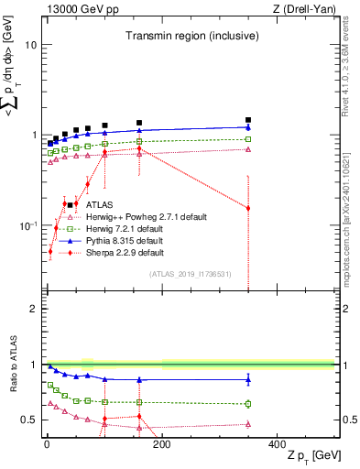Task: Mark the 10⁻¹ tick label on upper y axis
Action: click(27, 225)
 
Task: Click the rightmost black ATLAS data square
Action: click(248, 120)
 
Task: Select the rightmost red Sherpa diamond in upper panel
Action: click(248, 208)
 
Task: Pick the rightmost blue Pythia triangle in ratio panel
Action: click(248, 379)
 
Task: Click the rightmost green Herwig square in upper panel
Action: click(248, 139)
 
